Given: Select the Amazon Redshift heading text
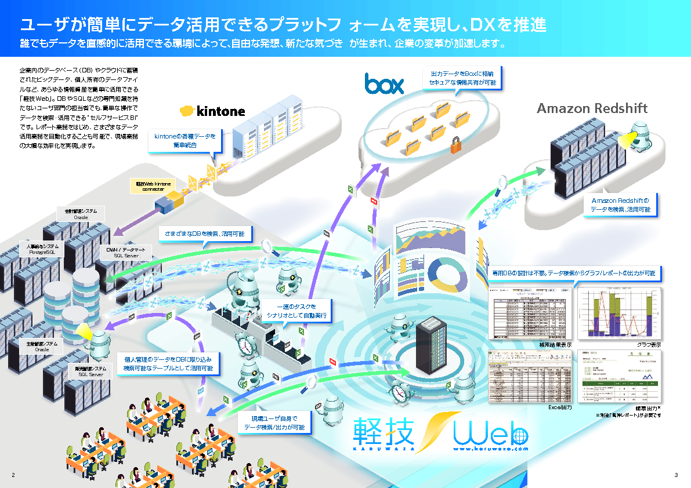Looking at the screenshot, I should tap(592, 108).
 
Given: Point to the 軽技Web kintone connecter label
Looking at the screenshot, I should tap(150, 186).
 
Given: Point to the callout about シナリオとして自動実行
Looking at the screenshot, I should tap(296, 311).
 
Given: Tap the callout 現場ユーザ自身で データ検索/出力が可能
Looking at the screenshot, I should tap(274, 423).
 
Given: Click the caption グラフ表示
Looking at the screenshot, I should tap(649, 345).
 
